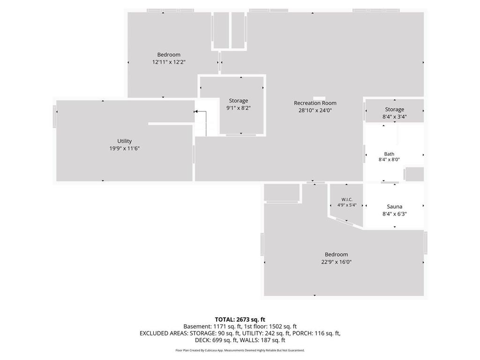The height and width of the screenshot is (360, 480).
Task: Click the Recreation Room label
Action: pos(315,103)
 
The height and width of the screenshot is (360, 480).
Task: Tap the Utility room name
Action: pos(124,141)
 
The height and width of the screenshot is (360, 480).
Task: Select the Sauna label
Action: pos(394,207)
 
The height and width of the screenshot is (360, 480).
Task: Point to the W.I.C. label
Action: pos(347,200)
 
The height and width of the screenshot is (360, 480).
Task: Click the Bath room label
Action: pos(389,154)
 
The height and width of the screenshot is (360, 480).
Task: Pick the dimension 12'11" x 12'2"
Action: pos(169,62)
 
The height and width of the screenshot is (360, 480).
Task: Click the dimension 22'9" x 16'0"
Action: pos(336,262)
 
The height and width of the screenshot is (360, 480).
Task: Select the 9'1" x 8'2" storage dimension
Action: pos(239,108)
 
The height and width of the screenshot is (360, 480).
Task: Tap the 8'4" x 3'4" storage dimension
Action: pos(395,117)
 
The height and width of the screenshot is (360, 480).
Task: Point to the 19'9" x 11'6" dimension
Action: pos(125,149)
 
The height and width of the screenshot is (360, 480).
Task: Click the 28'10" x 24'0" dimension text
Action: pos(315,111)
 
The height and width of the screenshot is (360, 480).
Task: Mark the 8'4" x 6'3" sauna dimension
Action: pos(395,214)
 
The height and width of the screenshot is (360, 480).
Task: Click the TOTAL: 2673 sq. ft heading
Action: pos(240,320)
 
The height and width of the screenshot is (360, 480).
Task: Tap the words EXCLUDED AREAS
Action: pos(164,333)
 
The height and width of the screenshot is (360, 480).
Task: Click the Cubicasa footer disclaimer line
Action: pos(240,350)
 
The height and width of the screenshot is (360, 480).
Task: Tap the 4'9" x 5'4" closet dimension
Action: pos(347,205)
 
